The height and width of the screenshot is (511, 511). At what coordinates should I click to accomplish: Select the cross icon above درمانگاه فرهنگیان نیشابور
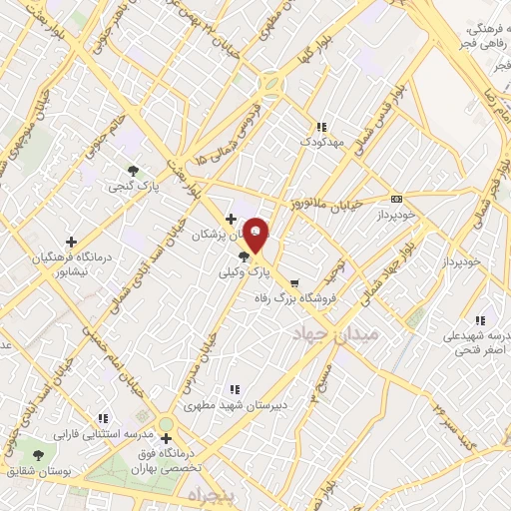70,242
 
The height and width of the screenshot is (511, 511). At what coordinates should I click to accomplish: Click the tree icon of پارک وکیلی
246,257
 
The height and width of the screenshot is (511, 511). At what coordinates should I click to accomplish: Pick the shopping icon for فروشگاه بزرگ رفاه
293,282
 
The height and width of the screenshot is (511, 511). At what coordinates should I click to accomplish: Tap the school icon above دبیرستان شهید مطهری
235,389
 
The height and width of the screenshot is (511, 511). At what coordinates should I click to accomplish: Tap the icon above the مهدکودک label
320,128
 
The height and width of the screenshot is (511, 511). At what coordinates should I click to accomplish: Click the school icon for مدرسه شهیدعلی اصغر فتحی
480,320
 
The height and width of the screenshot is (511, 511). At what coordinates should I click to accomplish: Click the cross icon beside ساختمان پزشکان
231,219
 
